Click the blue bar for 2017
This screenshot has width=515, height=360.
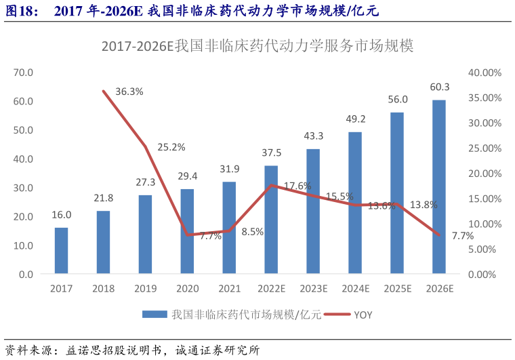coord(61,251)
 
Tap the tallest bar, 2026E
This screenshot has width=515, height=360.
coord(439,187)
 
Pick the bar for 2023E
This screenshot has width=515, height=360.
coord(313,212)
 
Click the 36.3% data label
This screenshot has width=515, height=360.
coord(129,92)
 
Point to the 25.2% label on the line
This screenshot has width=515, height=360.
coord(171,146)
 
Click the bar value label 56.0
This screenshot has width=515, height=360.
coord(397,99)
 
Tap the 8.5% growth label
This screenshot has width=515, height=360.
coord(252,231)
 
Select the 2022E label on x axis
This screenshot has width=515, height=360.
coord(271,289)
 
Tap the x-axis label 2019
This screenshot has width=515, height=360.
coord(145,289)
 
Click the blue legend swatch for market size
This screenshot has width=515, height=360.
coord(154,315)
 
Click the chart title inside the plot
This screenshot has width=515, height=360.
coord(257,46)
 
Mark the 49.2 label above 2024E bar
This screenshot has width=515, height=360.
coord(355,119)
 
